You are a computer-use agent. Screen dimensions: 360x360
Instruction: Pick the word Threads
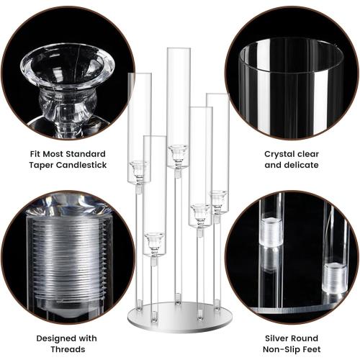pos(71,349)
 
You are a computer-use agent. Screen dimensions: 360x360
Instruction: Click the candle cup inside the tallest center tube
pos(177,153)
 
